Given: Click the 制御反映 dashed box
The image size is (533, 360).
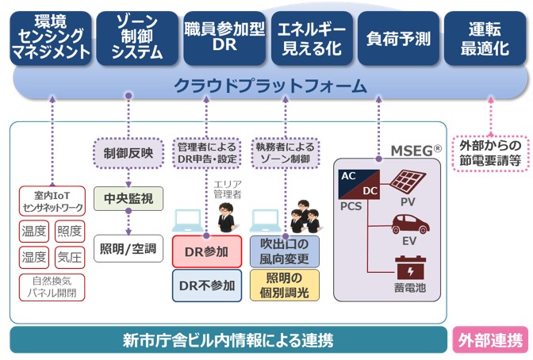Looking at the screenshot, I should point(128,150).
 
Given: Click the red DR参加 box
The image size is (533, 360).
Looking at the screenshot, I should point(205,251).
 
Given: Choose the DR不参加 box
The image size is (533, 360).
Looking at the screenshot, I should point(205,285).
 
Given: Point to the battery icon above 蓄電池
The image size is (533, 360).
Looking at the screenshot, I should point(408,266).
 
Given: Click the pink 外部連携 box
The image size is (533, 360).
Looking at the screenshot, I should point(489,340).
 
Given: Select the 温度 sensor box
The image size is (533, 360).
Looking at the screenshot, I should point(34,232).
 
